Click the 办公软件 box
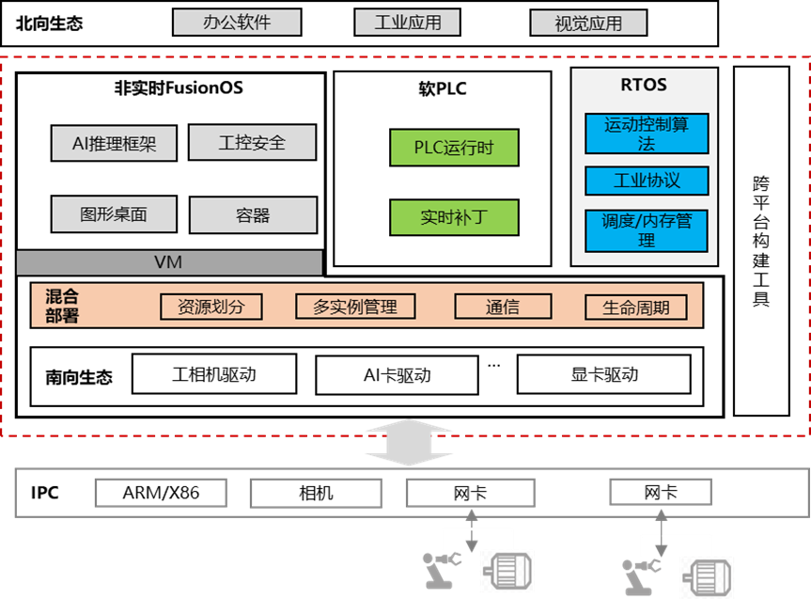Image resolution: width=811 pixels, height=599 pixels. tap(237, 23)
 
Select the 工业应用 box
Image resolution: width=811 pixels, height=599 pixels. tap(408, 23)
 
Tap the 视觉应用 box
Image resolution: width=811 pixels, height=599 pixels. tap(588, 23)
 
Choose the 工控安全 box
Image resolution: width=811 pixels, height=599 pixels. tap(252, 144)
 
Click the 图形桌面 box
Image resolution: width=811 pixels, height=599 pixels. tap(114, 214)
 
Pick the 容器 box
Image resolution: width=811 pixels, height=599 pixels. tap(253, 215)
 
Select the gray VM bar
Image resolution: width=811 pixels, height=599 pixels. tap(169, 262)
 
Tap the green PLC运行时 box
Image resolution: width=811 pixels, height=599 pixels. tap(454, 148)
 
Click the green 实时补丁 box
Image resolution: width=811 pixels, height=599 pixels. tap(454, 217)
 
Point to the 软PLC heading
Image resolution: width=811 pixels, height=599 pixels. tap(442, 90)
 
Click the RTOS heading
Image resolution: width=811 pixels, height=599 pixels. tap(644, 85)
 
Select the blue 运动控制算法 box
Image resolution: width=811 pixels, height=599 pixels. tap(647, 134)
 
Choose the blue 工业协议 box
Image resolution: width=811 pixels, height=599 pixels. tap(647, 181)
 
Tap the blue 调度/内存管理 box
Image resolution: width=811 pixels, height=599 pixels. tap(647, 230)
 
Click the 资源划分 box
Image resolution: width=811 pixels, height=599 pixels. tap(211, 307)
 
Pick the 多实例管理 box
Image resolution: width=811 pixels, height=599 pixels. tap(354, 307)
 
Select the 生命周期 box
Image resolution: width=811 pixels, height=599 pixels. tap(636, 307)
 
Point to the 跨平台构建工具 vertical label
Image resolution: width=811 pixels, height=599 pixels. tap(761, 241)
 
